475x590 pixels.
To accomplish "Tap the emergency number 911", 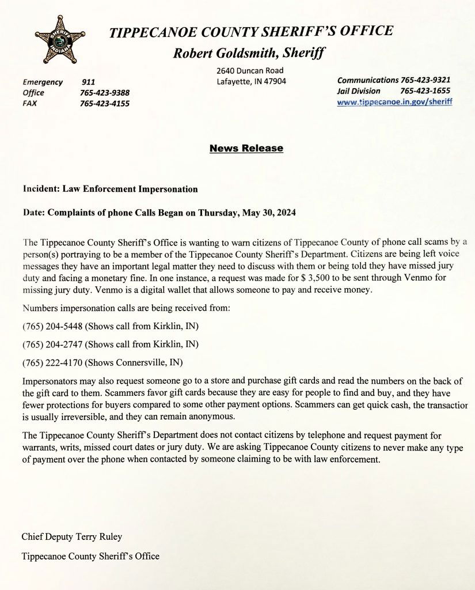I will point(88,82).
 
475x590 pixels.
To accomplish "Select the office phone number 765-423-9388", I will point(104,93).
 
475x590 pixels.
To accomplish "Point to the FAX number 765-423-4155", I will point(104,104).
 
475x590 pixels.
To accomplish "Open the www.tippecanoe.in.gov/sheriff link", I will point(394,101).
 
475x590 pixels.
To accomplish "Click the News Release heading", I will point(246,149).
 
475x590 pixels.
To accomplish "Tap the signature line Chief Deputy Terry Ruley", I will point(72,537).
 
